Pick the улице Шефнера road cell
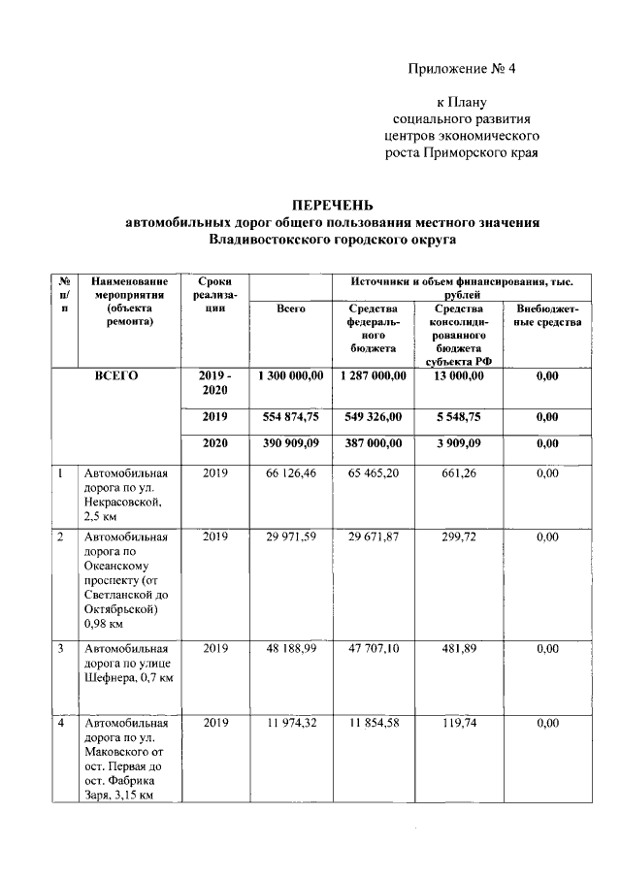tap(126, 662)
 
